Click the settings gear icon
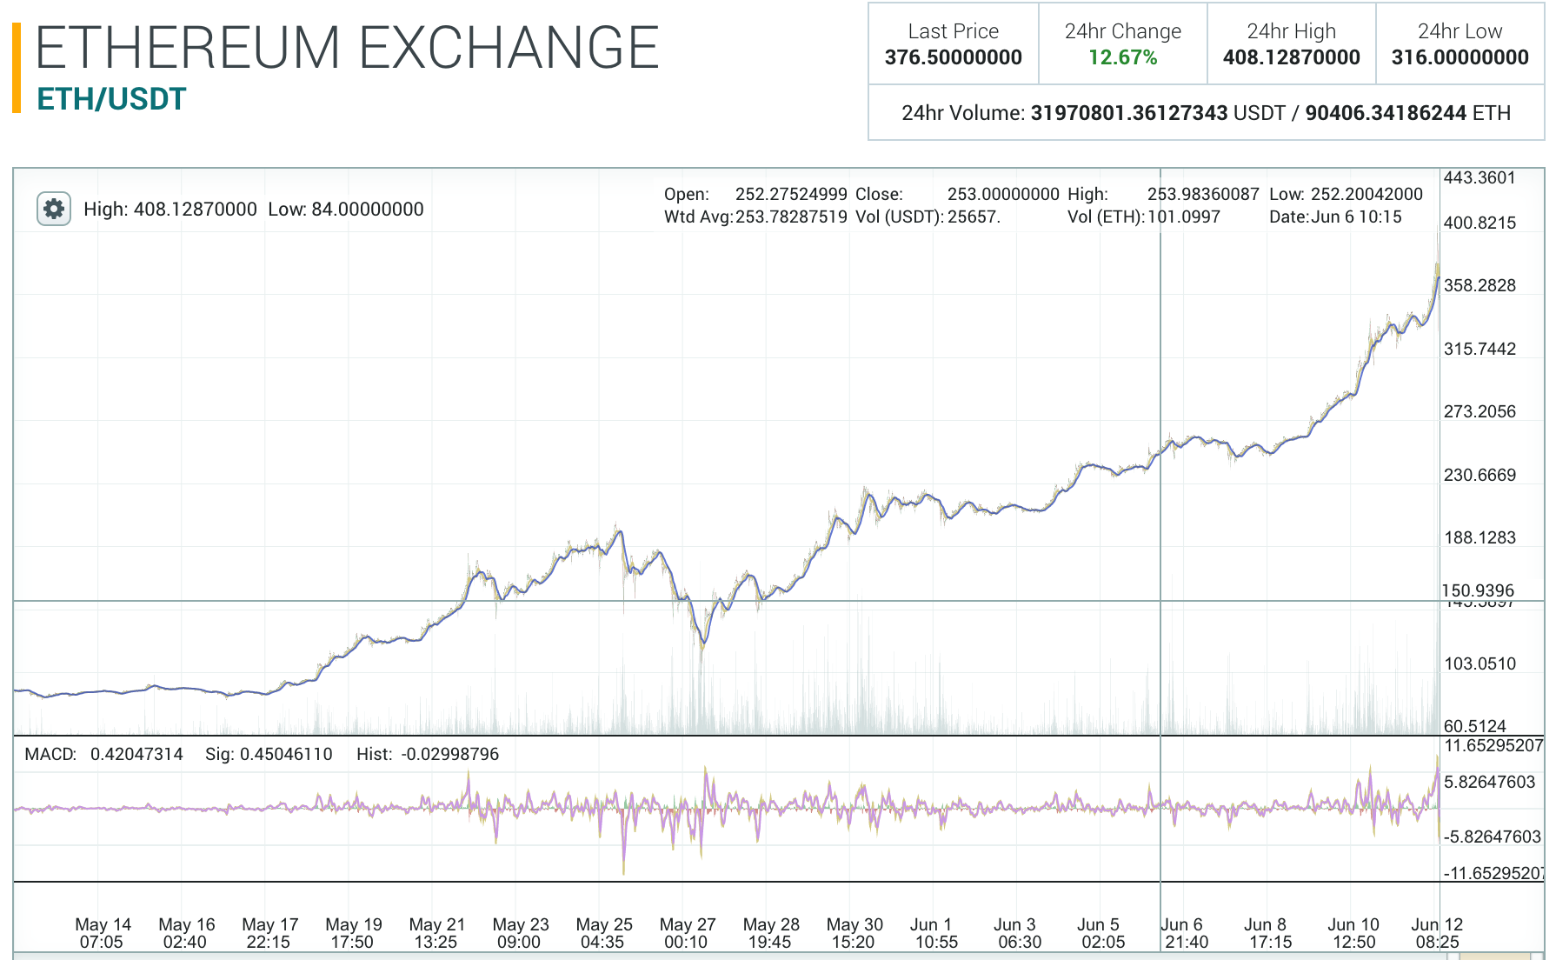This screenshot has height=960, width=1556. [x=53, y=209]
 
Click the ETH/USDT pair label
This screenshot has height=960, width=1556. [x=111, y=99]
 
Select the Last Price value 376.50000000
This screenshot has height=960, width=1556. [x=953, y=57]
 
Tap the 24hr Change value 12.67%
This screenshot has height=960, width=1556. [x=1122, y=57]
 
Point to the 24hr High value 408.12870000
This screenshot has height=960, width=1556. [x=1291, y=57]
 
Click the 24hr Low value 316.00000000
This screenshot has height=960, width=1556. [x=1460, y=57]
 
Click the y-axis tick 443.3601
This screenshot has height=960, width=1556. [x=1479, y=178]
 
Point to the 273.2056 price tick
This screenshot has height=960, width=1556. [x=1479, y=411]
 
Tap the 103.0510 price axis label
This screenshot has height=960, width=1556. [x=1479, y=663]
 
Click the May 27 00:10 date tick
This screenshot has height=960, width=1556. [x=687, y=933]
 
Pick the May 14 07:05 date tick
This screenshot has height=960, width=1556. [x=103, y=933]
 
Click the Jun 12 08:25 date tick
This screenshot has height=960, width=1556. [x=1437, y=933]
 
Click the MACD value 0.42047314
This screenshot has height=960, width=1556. [x=136, y=754]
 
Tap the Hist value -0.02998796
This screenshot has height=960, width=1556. [x=449, y=754]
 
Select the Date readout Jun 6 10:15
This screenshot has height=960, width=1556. [x=1356, y=217]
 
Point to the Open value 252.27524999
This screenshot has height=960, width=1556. [x=791, y=194]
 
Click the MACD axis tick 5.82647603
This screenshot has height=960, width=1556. [x=1489, y=782]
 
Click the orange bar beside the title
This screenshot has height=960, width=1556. [x=17, y=68]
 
